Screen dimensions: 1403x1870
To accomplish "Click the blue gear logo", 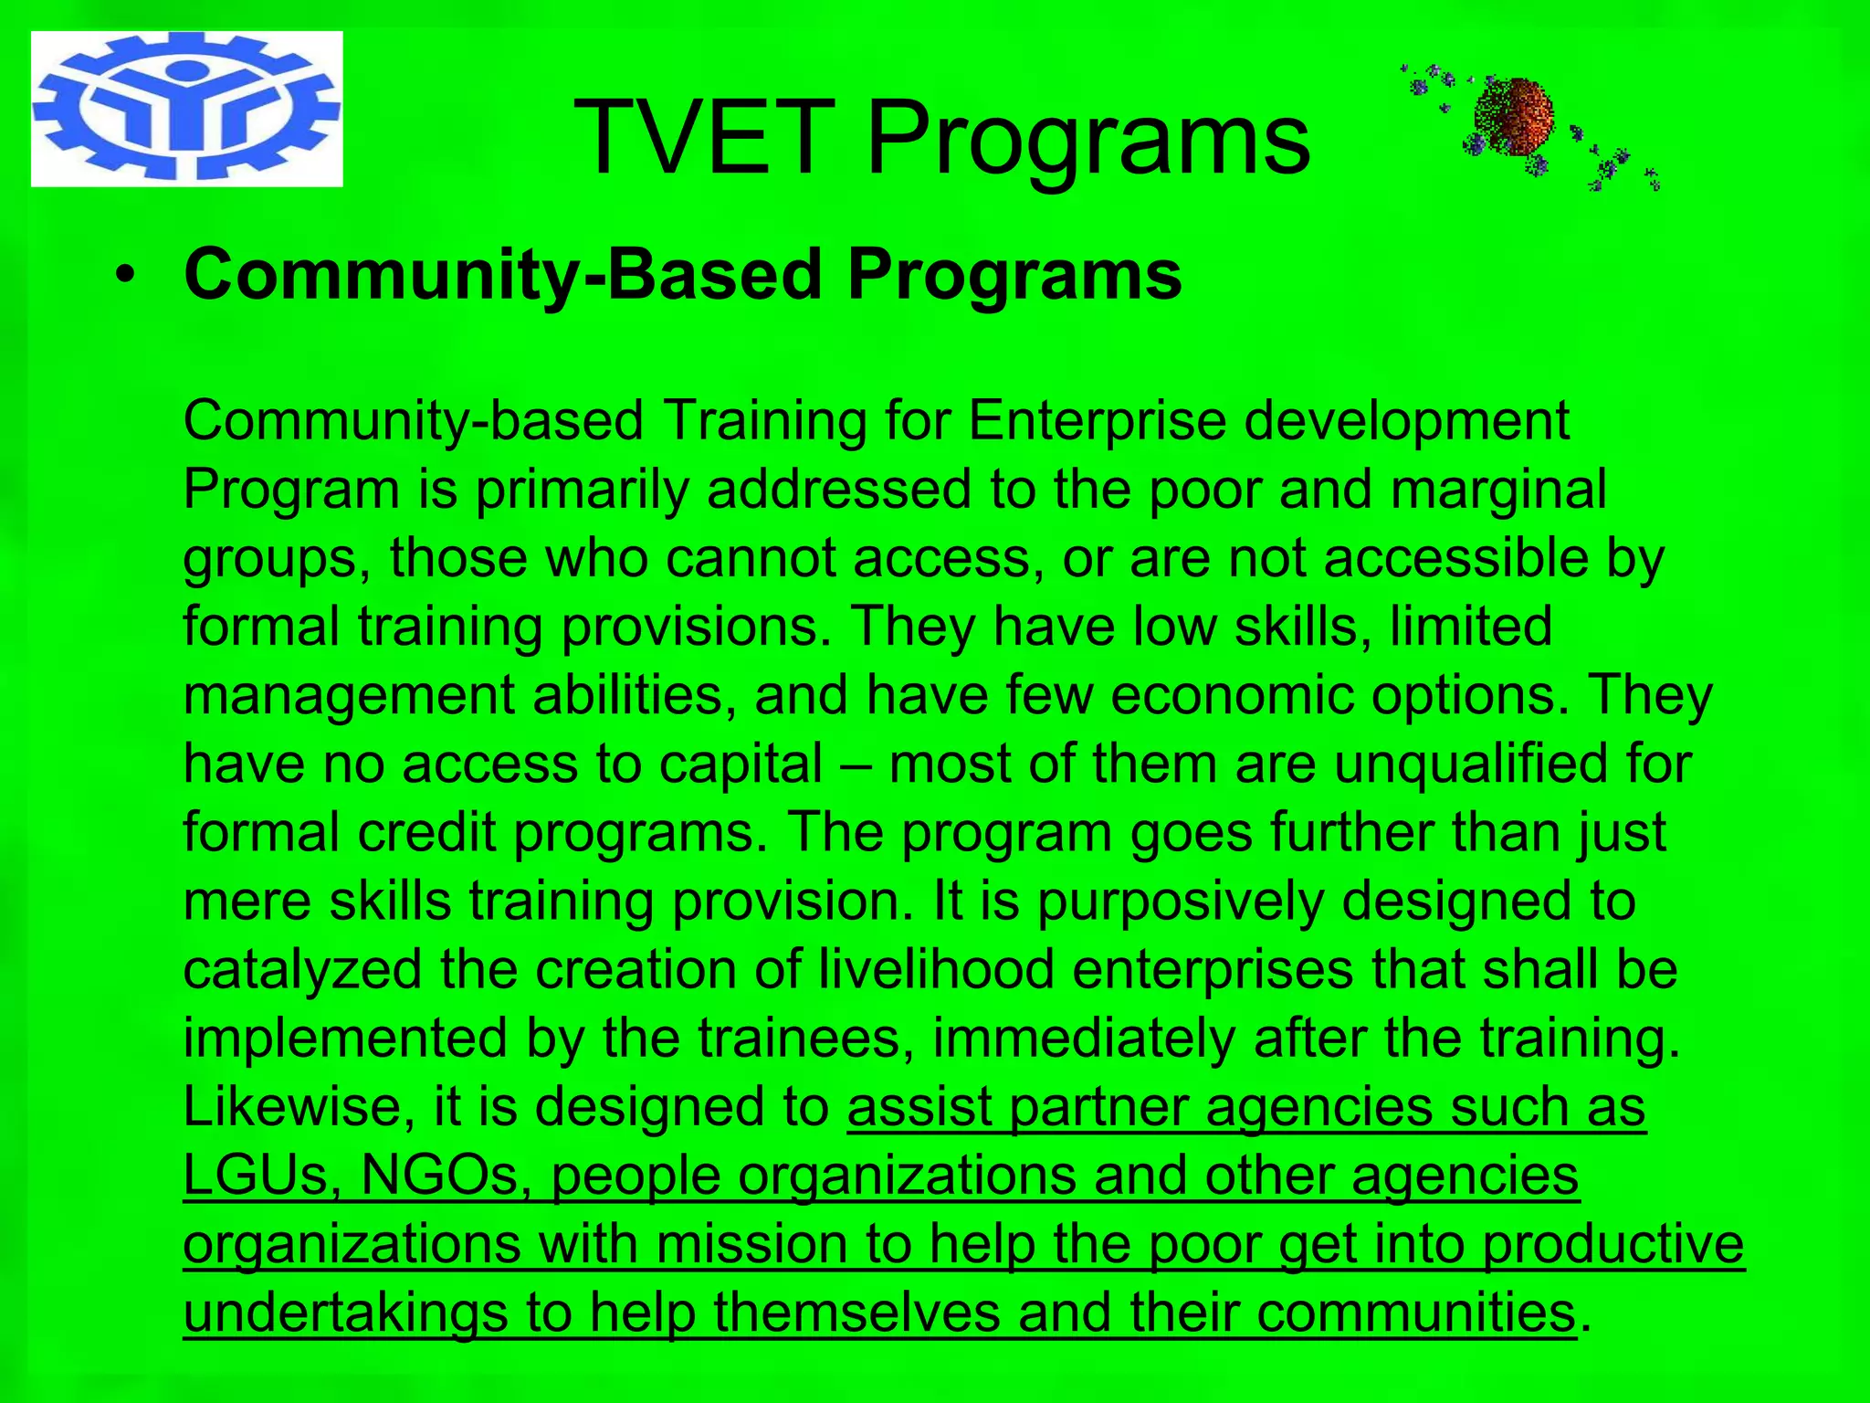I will click(186, 109).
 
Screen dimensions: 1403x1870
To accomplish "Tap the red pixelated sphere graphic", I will click(1513, 118).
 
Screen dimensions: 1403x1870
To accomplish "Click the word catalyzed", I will click(302, 969).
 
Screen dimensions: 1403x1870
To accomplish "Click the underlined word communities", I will click(1415, 1313).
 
